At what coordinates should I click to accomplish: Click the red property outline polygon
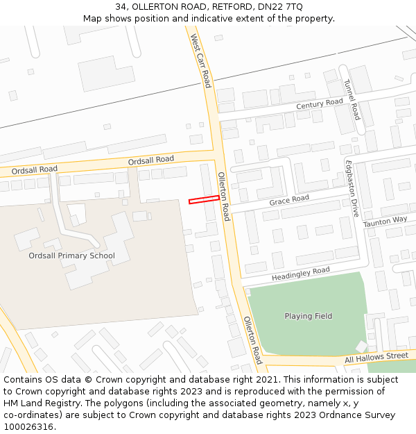coord(204,200)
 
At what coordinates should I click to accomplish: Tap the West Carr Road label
coord(200,61)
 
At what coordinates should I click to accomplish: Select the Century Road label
coord(320,103)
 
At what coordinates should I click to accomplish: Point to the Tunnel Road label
coord(352,99)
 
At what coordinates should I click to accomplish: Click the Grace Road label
coord(289,200)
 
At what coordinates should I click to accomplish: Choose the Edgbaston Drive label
coord(352,187)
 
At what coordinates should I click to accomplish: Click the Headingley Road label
coord(301,274)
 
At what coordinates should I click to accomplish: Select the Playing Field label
coord(308,316)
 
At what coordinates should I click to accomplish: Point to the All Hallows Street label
coord(376,358)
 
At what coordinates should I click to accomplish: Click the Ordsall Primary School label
coord(71,256)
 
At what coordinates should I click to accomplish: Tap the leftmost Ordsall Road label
coord(35,169)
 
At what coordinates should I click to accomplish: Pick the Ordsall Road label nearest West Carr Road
coord(150,160)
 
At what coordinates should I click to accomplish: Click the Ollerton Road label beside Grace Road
coord(223,197)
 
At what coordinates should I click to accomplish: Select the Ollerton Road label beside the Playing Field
coord(252,340)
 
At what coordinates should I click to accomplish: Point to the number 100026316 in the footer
coord(28,426)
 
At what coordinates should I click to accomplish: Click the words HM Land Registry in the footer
coord(40,403)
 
